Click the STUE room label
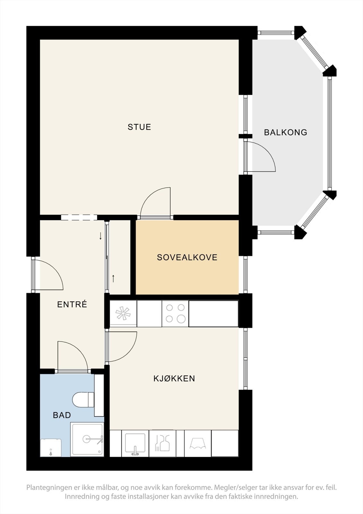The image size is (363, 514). tap(139, 127)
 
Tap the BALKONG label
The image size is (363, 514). tap(286, 132)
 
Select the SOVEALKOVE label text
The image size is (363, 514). tap(187, 257)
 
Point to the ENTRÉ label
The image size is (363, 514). tap(72, 304)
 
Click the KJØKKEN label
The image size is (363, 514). tap(174, 378)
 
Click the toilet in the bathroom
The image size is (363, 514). tap(83, 400)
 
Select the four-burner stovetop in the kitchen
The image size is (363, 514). tap(176, 314)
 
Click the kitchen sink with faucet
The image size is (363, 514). tap(135, 443)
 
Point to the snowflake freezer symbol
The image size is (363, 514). tap(123, 313)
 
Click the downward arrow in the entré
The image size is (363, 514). tap(100, 236)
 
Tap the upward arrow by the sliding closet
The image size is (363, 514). tap(113, 278)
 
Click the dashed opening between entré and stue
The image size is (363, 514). tap(79, 217)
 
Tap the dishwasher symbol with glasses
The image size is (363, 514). tap(163, 443)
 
